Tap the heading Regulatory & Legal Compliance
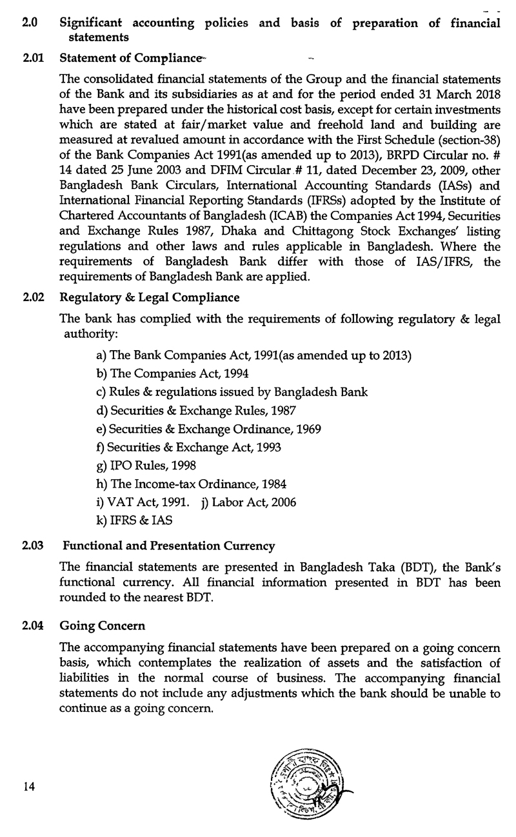tap(149, 297)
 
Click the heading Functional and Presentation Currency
tap(168, 546)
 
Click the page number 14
tap(25, 787)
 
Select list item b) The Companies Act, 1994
tap(172, 374)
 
